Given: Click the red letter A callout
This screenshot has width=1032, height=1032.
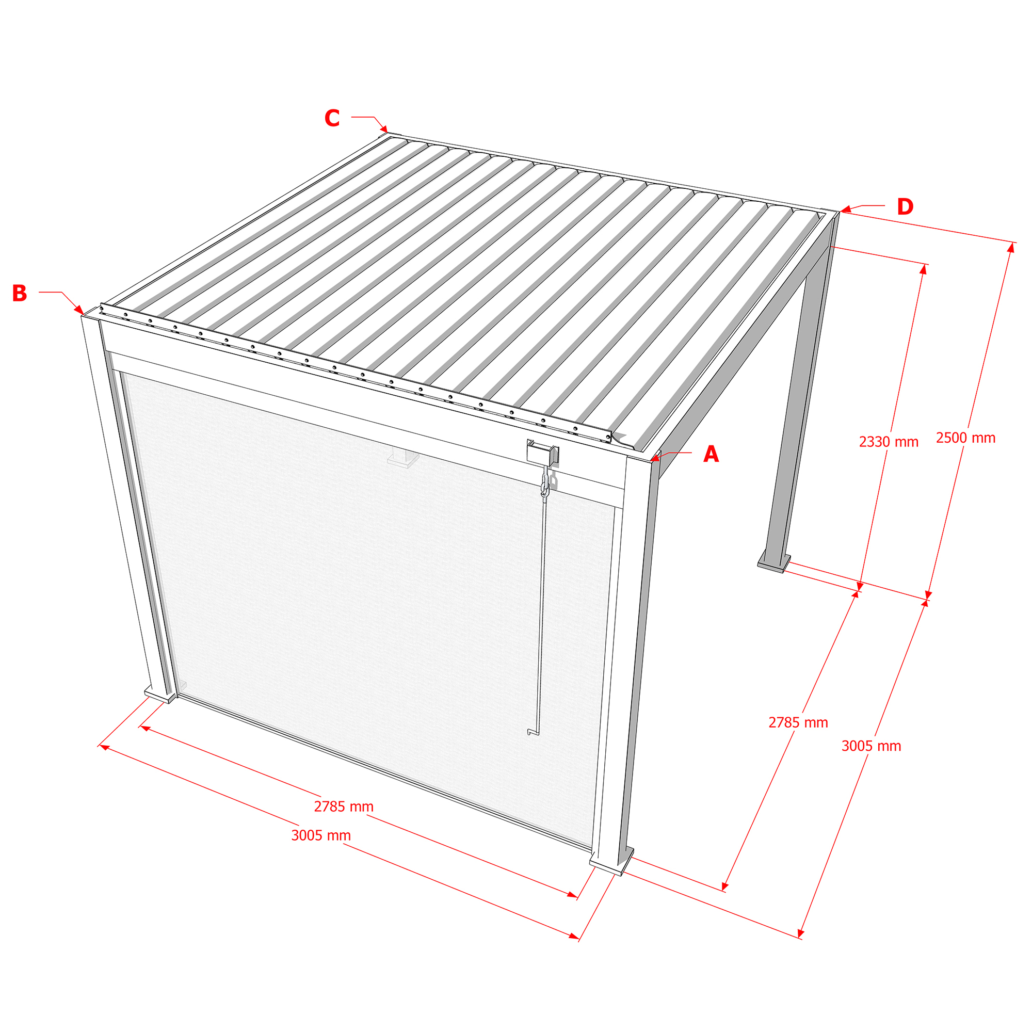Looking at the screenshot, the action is (711, 454).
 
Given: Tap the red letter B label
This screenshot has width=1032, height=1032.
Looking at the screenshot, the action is (20, 293).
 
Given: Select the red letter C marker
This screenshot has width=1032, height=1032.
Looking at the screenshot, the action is (332, 118).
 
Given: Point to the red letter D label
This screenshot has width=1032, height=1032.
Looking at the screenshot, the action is (905, 207).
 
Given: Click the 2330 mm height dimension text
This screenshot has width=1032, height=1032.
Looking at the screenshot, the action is (889, 442).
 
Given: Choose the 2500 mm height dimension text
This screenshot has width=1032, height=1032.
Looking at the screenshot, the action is (966, 438).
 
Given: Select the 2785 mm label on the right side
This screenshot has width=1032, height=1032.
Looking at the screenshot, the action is (798, 723).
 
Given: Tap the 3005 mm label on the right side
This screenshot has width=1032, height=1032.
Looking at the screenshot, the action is (871, 746).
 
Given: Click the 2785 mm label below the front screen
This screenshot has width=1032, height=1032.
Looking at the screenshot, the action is (344, 807).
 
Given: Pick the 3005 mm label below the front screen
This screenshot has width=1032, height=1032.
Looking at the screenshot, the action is (321, 835).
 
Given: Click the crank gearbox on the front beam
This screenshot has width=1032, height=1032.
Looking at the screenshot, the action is (543, 453).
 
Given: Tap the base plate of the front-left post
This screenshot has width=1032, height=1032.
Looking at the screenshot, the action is (160, 695).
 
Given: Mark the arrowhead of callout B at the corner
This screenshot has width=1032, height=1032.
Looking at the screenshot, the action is (79, 310).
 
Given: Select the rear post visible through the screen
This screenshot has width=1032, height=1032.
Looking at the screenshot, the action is (404, 457).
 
